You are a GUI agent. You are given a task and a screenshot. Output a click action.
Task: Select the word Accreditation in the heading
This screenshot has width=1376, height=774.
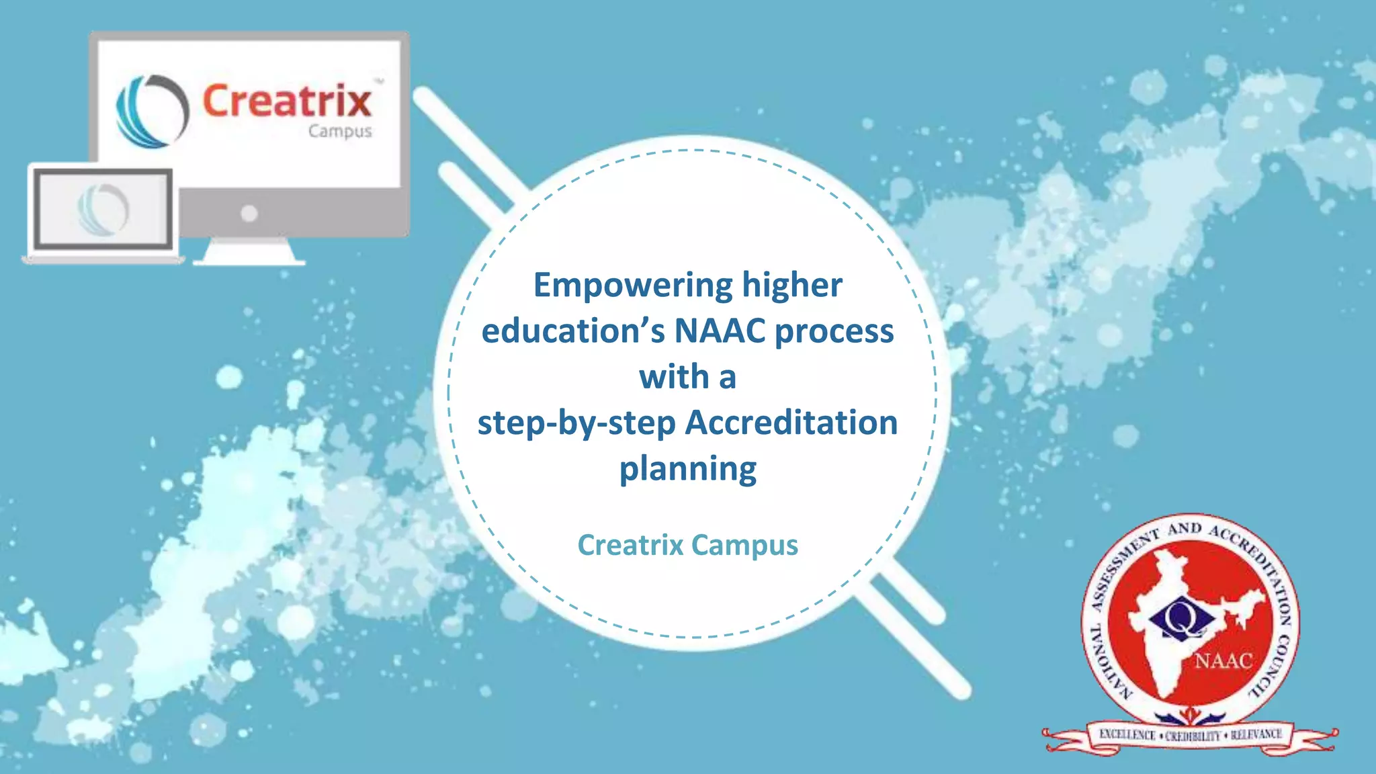point(791,423)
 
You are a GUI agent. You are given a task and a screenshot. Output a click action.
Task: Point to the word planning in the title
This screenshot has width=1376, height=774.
point(687,469)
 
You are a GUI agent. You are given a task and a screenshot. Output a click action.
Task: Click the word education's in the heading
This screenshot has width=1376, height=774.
point(573,331)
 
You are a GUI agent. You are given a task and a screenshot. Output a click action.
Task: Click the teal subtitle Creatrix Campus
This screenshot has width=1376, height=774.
point(687,545)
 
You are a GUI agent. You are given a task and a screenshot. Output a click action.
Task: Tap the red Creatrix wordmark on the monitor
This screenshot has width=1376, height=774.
point(287,101)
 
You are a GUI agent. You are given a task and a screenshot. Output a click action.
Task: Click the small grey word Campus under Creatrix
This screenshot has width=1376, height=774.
point(340,131)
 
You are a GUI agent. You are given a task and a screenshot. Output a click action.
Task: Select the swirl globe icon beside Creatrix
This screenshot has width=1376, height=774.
point(152,111)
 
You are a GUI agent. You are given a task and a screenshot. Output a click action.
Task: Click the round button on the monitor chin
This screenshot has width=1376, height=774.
point(249,214)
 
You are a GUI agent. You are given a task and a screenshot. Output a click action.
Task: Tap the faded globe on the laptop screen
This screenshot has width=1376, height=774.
point(103,209)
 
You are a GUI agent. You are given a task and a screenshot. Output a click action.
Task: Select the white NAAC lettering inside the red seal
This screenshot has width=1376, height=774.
point(1223,661)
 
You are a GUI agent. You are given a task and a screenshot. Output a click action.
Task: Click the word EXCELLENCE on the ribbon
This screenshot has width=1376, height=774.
point(1127,735)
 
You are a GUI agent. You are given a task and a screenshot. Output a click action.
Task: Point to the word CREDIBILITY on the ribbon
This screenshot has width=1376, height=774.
point(1193,736)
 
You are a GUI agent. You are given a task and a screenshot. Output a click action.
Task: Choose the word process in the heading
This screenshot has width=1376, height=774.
point(834,331)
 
